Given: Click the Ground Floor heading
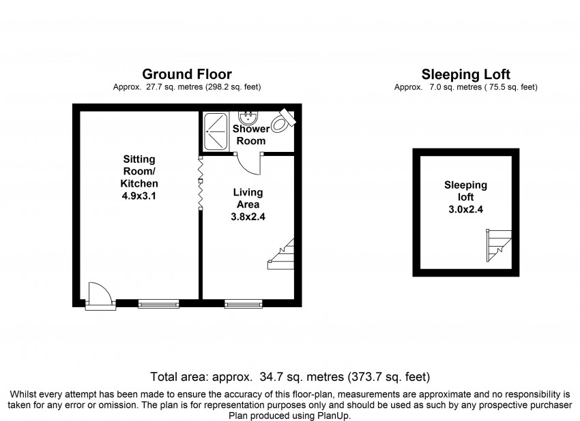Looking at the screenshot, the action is pyautogui.click(x=187, y=74).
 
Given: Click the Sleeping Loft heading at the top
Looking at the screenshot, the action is pyautogui.click(x=465, y=75).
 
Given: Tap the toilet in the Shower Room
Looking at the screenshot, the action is pyautogui.click(x=282, y=121).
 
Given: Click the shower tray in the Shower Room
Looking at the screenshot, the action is pyautogui.click(x=216, y=131).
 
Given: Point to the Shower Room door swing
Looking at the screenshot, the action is pyautogui.click(x=248, y=164).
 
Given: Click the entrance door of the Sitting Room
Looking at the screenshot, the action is pyautogui.click(x=100, y=296).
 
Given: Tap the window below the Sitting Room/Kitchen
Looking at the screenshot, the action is pyautogui.click(x=159, y=304).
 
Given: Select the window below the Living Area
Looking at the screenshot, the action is pyautogui.click(x=244, y=304).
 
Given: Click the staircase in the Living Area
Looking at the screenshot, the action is pyautogui.click(x=281, y=254).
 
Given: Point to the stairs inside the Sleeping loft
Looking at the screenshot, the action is pyautogui.click(x=499, y=245).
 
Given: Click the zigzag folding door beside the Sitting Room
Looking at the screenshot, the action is pyautogui.click(x=201, y=183).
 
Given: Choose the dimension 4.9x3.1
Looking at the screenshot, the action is pyautogui.click(x=139, y=196).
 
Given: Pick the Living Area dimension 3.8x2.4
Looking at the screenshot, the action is pyautogui.click(x=248, y=217).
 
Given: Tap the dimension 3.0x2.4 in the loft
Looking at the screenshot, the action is pyautogui.click(x=465, y=209).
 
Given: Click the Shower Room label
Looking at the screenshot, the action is pyautogui.click(x=251, y=135).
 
